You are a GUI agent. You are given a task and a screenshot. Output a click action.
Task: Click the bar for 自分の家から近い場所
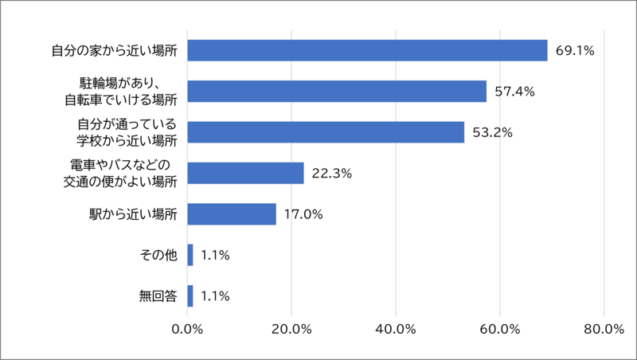click(367, 50)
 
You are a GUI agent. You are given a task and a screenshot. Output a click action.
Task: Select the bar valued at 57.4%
click(337, 92)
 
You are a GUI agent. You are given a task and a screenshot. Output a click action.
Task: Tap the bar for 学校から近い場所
click(326, 132)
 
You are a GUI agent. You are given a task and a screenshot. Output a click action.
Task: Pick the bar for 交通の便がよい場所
click(245, 173)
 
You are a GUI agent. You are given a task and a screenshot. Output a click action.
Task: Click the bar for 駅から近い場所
click(232, 214)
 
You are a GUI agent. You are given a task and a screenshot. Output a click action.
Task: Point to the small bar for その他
click(190, 255)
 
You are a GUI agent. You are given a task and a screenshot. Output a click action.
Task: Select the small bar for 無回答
click(190, 296)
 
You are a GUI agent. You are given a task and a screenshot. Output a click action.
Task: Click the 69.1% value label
click(576, 50)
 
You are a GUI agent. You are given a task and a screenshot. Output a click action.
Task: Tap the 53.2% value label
click(492, 132)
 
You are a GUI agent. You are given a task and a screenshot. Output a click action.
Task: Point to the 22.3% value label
click(332, 174)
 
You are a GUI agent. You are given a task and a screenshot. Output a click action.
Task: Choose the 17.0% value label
click(304, 214)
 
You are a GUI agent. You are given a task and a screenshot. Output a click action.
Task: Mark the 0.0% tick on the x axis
click(187, 331)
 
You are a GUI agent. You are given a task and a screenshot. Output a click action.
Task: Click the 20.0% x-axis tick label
click(291, 331)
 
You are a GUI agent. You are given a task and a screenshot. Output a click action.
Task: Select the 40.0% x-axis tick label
click(396, 331)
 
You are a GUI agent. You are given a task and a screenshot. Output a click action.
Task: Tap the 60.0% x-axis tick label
click(499, 331)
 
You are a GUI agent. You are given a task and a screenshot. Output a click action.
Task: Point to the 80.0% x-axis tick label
click(604, 331)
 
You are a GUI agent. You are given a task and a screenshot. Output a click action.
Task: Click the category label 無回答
click(158, 296)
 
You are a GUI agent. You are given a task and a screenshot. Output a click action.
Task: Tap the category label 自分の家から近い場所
click(114, 50)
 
